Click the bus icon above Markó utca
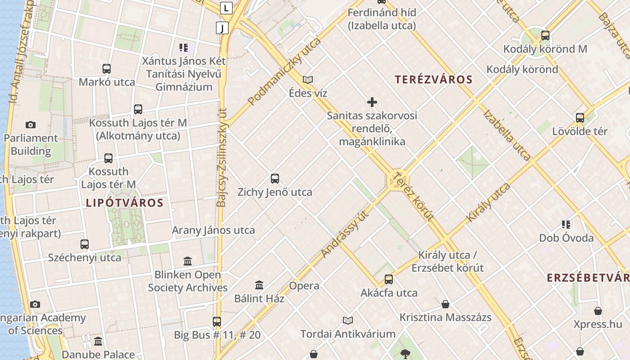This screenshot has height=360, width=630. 107,69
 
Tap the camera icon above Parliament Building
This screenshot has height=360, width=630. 31,125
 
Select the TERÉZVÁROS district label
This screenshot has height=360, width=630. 434,80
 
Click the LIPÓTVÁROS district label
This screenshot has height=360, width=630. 125,202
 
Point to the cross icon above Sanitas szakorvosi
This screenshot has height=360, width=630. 372,102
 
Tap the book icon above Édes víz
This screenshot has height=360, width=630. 308,80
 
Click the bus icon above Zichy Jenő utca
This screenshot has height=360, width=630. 275,179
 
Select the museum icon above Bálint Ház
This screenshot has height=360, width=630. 259,285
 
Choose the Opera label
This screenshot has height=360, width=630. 304,286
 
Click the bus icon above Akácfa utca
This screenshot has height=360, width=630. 389,279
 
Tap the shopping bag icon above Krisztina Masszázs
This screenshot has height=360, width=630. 445,304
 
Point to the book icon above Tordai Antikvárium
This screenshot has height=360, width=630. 347,320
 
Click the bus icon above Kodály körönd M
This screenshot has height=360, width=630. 545,36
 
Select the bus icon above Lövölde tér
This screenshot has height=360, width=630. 580,118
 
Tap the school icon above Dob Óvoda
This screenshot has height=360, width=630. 566,224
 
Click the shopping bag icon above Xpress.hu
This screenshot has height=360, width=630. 598,311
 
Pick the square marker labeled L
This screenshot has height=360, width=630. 226,8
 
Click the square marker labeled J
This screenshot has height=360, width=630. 222,28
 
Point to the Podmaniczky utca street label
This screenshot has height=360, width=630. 284,71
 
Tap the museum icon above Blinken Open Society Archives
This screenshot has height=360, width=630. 188,261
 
